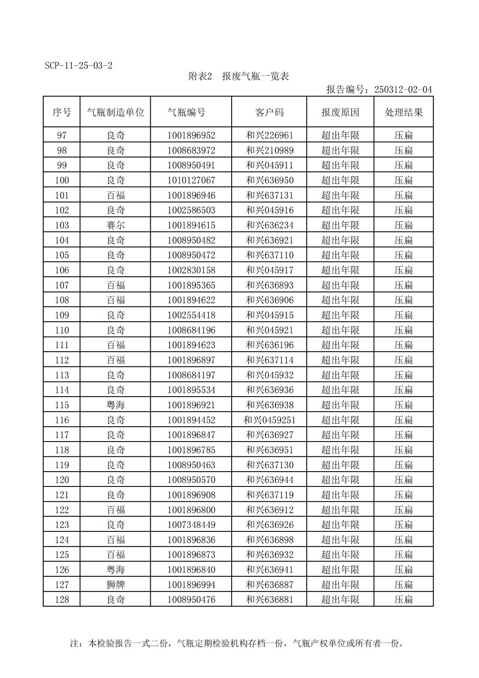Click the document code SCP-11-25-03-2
pos(78,66)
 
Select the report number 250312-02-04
pos(403,89)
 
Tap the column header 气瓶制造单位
pos(115,112)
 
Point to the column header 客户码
pos(269,112)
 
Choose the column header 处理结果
pos(403,112)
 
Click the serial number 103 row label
pos(62,225)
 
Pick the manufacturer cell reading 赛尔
pos(115,225)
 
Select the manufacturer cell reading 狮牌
pos(115,585)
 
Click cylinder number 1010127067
pos(191,180)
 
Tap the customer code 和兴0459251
pos(269,420)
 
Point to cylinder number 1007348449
pos(191,525)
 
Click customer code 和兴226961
pos(269,135)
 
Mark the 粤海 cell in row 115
pos(115,405)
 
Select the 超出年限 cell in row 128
pos(340,600)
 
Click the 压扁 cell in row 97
pos(403,135)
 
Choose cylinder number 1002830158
pos(191,270)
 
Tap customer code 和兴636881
pos(269,600)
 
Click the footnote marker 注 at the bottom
pos(74,643)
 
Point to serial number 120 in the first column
pos(62,480)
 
